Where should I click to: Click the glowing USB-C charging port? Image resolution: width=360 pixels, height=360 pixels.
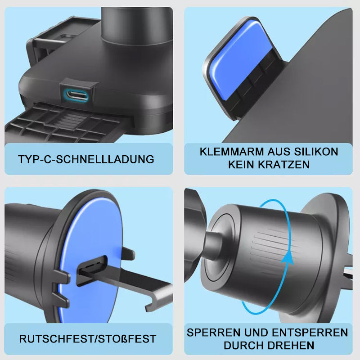click(x=76, y=95)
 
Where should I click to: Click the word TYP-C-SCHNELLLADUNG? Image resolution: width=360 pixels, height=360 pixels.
click(x=86, y=159)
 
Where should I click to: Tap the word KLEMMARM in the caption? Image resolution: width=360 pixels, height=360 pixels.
click(x=232, y=152)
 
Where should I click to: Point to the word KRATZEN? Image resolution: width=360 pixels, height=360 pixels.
click(x=283, y=165)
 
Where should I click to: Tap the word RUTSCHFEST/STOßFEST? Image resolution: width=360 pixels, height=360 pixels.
click(x=88, y=339)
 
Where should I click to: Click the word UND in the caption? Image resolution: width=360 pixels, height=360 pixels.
click(x=256, y=333)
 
